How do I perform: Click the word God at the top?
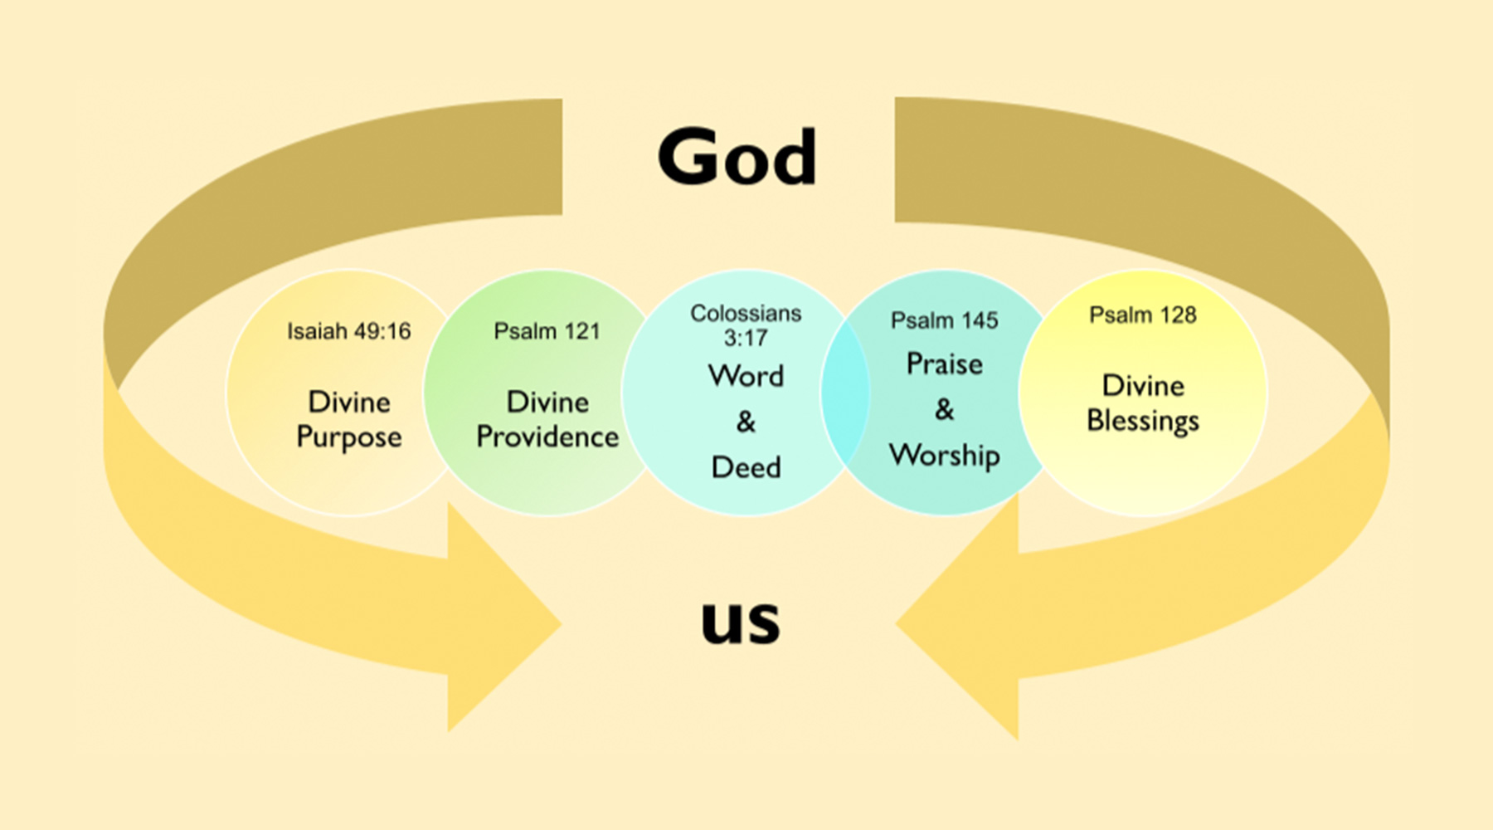[737, 156]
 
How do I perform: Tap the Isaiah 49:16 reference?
[349, 331]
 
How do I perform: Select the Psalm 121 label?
[547, 331]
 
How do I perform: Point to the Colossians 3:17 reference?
[746, 325]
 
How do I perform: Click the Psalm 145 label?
[944, 320]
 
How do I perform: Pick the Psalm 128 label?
[1143, 315]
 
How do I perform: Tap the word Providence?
[547, 437]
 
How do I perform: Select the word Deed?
[746, 467]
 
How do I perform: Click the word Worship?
[944, 456]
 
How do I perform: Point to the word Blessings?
[1143, 422]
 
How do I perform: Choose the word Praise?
[944, 364]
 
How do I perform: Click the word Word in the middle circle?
[746, 376]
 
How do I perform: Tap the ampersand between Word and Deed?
[746, 422]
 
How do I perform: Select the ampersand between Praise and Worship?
[944, 409]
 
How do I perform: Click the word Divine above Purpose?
[349, 403]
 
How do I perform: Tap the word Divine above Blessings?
[1143, 386]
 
